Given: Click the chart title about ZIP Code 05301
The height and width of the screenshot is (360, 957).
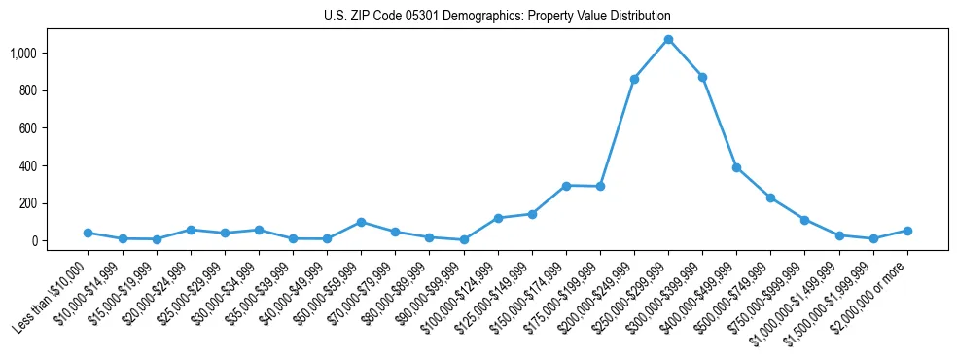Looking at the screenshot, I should (497, 17).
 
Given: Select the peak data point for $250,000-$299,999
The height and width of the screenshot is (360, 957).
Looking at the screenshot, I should (668, 39).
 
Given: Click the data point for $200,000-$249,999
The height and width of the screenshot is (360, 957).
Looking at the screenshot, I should (634, 79).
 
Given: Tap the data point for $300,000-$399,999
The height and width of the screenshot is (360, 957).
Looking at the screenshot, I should (702, 77).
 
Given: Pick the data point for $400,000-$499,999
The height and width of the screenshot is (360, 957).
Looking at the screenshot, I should (736, 167).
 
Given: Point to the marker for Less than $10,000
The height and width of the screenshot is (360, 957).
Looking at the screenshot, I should (88, 233).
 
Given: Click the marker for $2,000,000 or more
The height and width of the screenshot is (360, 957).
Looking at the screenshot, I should (907, 231).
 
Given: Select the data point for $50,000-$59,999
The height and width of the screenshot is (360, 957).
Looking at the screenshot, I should (361, 222).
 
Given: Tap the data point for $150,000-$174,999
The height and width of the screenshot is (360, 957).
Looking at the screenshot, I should (566, 185).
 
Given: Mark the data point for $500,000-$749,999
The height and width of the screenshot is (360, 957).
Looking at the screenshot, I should (770, 198).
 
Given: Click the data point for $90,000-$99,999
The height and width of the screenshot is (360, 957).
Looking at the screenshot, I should (464, 239).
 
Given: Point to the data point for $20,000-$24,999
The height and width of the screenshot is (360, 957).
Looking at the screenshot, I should (191, 230).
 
